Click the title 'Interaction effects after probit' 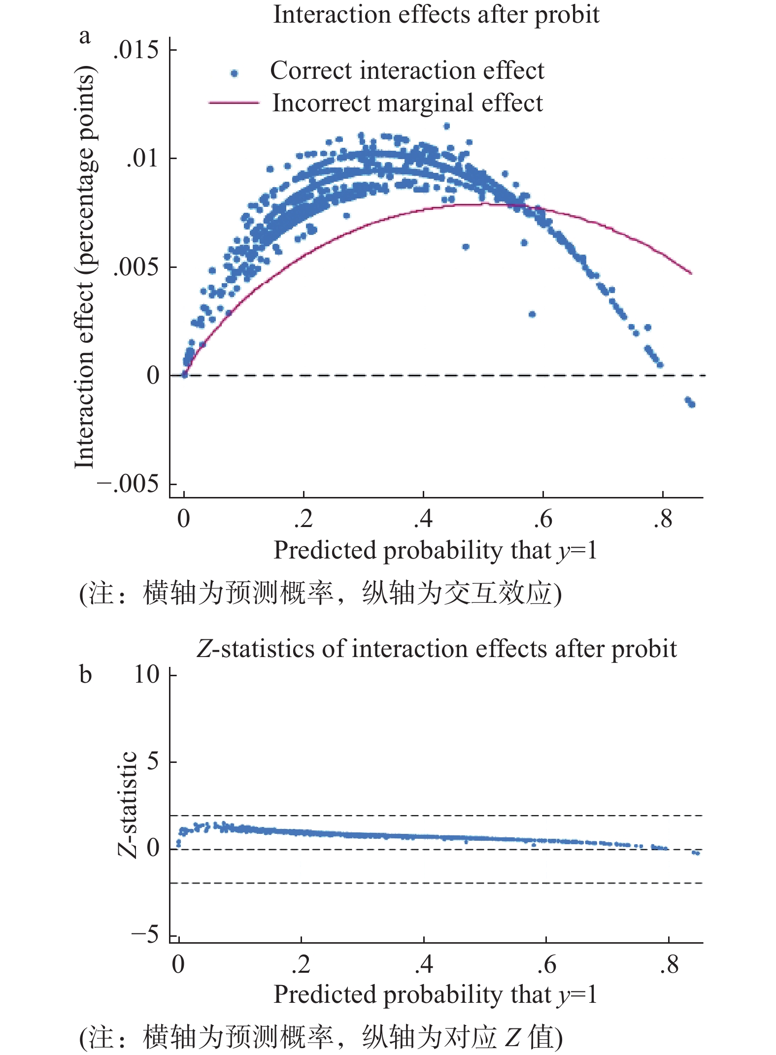coord(436,14)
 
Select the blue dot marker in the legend coord(235,73)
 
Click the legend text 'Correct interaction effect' coord(407,70)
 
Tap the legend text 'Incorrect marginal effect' coord(407,103)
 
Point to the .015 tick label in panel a coord(136,50)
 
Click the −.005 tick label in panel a coord(128,484)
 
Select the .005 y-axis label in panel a coord(136,267)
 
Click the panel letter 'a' coord(85,36)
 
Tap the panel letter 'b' coord(85,674)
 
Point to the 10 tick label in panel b coord(146,674)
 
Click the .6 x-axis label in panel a coord(543,519)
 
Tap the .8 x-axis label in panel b coord(669,964)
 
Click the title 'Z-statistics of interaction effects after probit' coord(436,649)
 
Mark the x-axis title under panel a coord(436,550)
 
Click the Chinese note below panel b coord(320,1036)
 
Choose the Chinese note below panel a coord(320,593)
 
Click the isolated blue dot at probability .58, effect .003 coord(532,314)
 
